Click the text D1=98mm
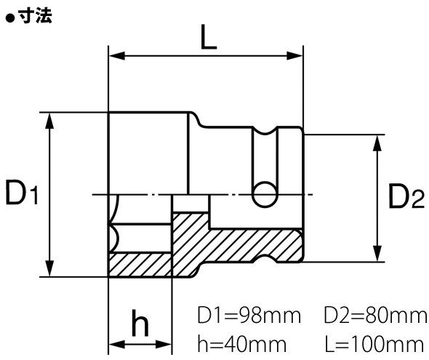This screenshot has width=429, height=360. tap(249, 317)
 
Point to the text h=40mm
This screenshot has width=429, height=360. tap(244, 342)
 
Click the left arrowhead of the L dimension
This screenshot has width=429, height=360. tap(114, 55)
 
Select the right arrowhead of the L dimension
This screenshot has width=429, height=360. tap(297, 55)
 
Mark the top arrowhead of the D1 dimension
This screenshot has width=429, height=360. tap(50, 119)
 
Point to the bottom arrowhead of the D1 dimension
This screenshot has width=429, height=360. tap(50, 271)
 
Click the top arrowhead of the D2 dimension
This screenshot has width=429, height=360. tap(376, 140)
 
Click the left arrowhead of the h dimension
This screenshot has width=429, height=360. tap(114, 345)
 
